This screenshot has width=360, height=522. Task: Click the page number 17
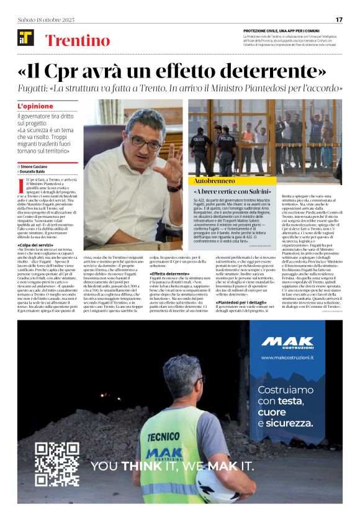[338, 19]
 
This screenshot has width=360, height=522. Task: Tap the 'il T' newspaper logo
[25, 38]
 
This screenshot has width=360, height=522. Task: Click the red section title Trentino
[78, 41]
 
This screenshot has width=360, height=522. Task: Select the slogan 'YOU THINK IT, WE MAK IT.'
[172, 466]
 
